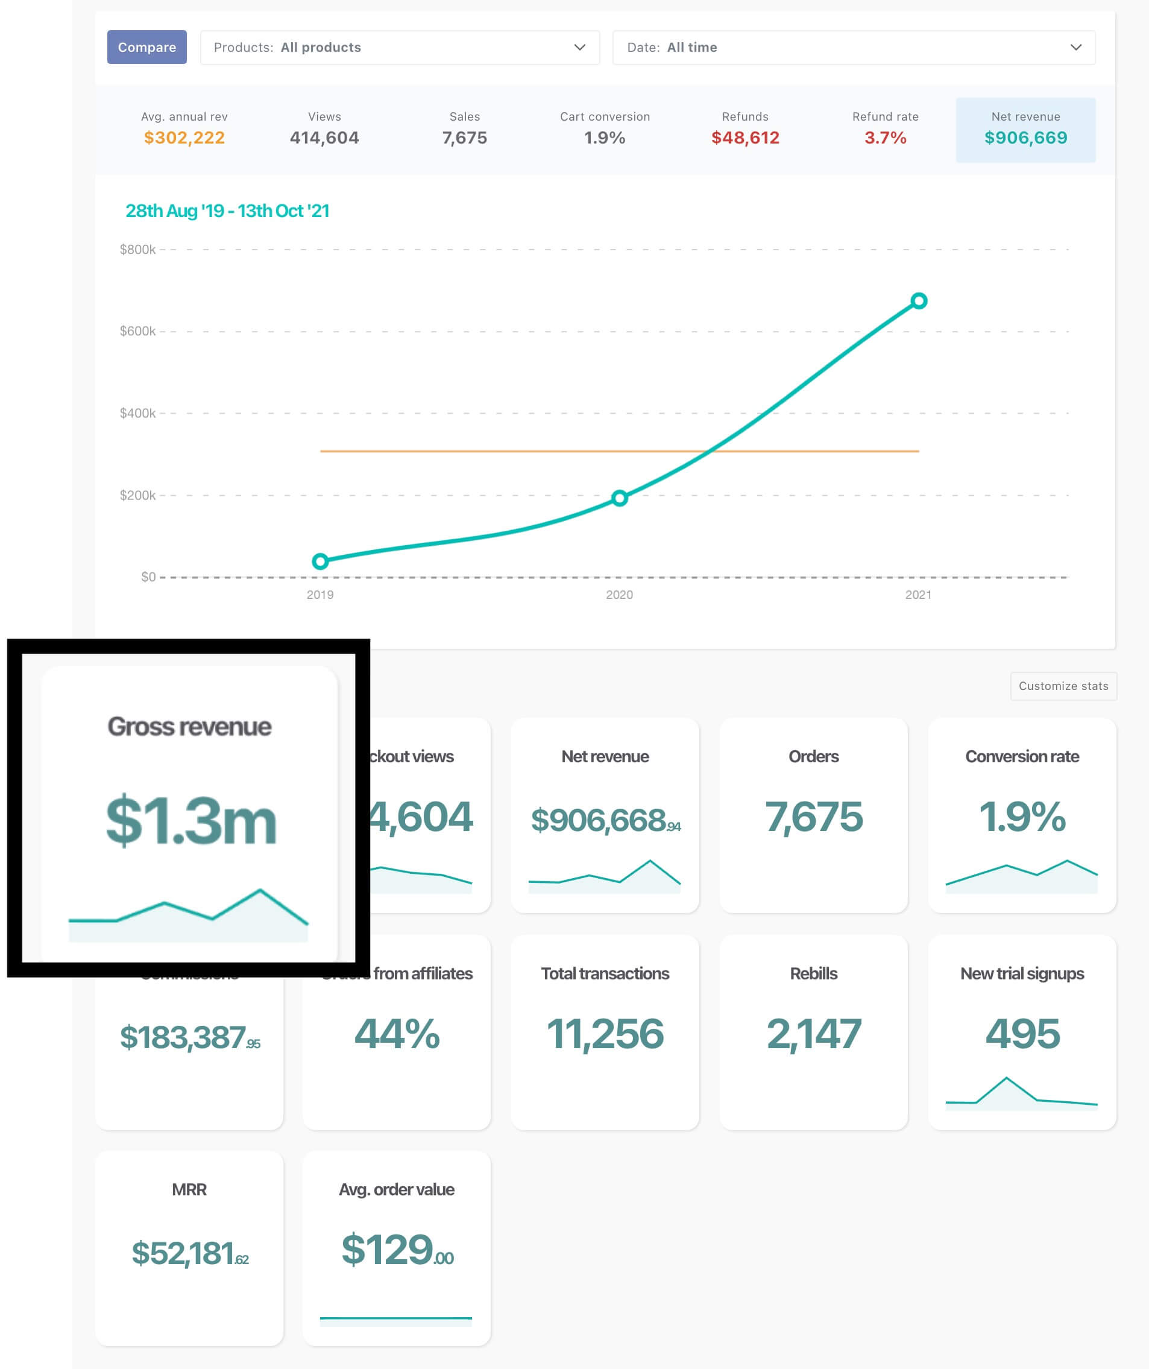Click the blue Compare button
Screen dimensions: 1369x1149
coord(146,47)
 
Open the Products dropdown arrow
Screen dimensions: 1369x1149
coord(579,47)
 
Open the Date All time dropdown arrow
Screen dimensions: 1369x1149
coord(1075,47)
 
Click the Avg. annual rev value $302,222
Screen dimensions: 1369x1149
coord(184,138)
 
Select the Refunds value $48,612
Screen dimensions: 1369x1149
coord(745,138)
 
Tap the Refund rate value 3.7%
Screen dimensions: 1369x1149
coord(884,138)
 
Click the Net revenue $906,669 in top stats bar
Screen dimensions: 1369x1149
coord(1025,138)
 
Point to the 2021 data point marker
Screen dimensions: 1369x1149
coord(918,300)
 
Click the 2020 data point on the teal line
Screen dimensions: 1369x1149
coord(619,498)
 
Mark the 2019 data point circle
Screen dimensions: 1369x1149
coord(320,561)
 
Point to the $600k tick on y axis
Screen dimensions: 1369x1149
coord(137,331)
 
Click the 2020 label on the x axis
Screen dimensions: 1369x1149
coord(619,595)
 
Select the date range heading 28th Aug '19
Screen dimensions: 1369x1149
coord(227,210)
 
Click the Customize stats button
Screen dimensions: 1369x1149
coord(1063,686)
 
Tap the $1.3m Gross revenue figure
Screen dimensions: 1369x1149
coord(190,820)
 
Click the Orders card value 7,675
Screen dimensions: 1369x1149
coord(813,817)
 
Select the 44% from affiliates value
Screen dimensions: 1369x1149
coord(396,1034)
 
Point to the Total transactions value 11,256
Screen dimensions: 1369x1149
coord(605,1034)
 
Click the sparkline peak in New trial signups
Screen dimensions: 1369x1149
coord(1006,1078)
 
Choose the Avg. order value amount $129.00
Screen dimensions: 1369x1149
coord(396,1250)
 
